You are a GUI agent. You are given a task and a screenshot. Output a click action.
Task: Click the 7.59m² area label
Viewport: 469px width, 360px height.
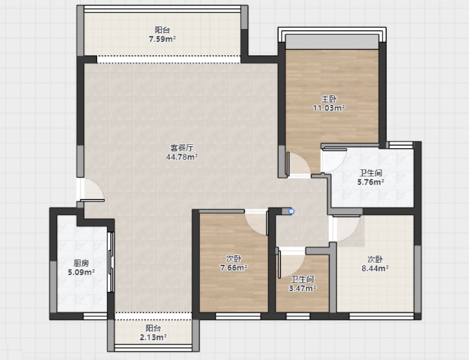[162, 39]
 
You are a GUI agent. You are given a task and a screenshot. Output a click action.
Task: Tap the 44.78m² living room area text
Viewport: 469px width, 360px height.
[181, 156]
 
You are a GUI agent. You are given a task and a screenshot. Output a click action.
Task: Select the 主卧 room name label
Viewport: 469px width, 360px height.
[328, 99]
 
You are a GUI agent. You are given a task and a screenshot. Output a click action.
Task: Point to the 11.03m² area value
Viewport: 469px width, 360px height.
[329, 108]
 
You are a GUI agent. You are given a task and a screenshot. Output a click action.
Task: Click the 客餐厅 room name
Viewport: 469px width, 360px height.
[181, 147]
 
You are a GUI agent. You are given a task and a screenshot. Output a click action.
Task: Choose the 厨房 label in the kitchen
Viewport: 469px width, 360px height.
[81, 263]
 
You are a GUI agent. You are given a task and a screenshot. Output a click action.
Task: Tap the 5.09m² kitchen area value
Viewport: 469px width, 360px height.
[81, 272]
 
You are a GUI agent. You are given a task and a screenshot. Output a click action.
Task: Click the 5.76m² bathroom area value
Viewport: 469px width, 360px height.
[371, 182]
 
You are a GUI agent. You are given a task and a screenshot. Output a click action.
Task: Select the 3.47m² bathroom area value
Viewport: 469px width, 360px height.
[302, 288]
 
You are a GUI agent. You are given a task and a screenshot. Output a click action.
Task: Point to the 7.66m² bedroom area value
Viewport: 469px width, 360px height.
[234, 267]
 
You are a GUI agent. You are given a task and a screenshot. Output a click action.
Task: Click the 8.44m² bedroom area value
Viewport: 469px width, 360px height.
[375, 268]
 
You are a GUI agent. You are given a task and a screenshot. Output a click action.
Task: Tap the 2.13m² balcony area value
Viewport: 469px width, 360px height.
[153, 337]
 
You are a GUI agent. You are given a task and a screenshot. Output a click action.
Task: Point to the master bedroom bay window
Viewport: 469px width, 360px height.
[332, 37]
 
